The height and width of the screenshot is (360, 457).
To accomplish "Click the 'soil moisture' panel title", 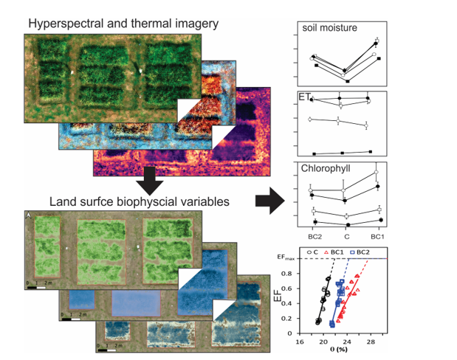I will click(x=329, y=29).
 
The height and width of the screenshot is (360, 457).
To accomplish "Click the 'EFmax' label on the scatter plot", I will click(x=286, y=258).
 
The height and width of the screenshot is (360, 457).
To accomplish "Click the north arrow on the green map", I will click(x=28, y=215).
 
